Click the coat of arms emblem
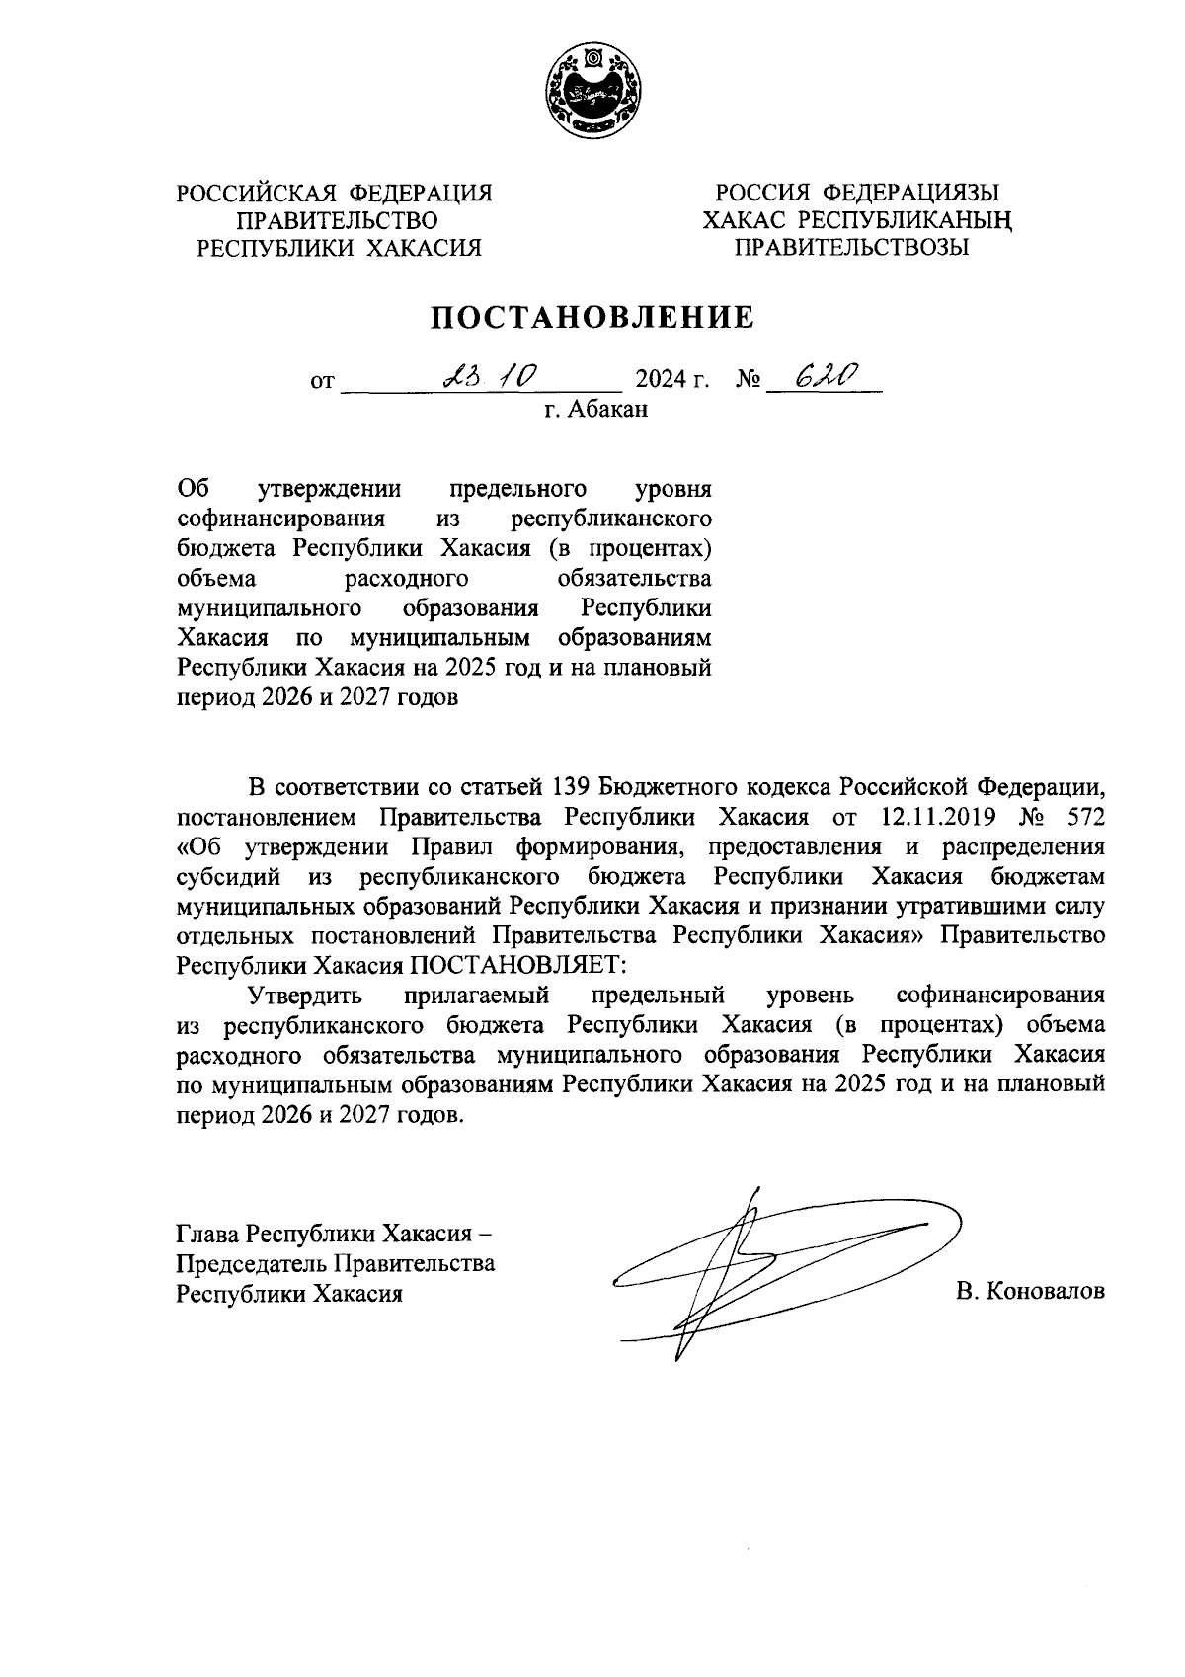tap(591, 91)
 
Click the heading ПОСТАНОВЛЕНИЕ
tap(591, 317)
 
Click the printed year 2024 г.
tap(672, 380)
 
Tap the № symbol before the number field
tap(748, 380)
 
